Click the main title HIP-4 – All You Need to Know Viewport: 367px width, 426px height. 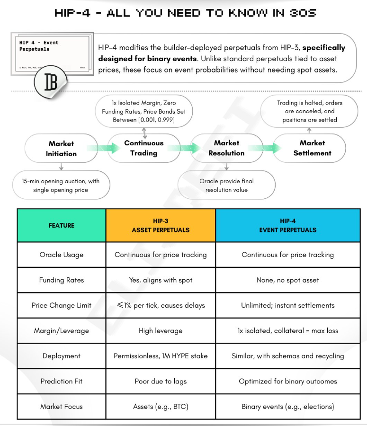tap(185, 13)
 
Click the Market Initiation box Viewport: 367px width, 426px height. tap(61, 149)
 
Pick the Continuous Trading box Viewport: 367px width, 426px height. tap(144, 148)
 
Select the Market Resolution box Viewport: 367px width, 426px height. tap(226, 148)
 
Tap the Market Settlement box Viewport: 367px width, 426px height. tap(312, 148)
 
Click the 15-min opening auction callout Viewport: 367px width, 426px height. tap(61, 185)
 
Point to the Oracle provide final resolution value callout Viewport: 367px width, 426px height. tap(226, 185)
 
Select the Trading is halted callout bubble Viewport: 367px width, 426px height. tap(309, 111)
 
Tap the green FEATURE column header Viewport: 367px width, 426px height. tap(62, 225)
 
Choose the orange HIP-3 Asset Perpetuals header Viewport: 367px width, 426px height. tap(161, 225)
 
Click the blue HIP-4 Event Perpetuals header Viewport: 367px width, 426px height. tap(287, 225)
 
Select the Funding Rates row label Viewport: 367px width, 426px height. tap(62, 280)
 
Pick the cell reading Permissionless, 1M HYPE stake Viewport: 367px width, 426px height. tap(161, 356)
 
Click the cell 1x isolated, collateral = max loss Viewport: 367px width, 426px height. tap(287, 330)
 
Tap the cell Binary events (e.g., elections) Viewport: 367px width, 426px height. tap(287, 407)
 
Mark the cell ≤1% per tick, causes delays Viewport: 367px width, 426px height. tap(161, 305)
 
